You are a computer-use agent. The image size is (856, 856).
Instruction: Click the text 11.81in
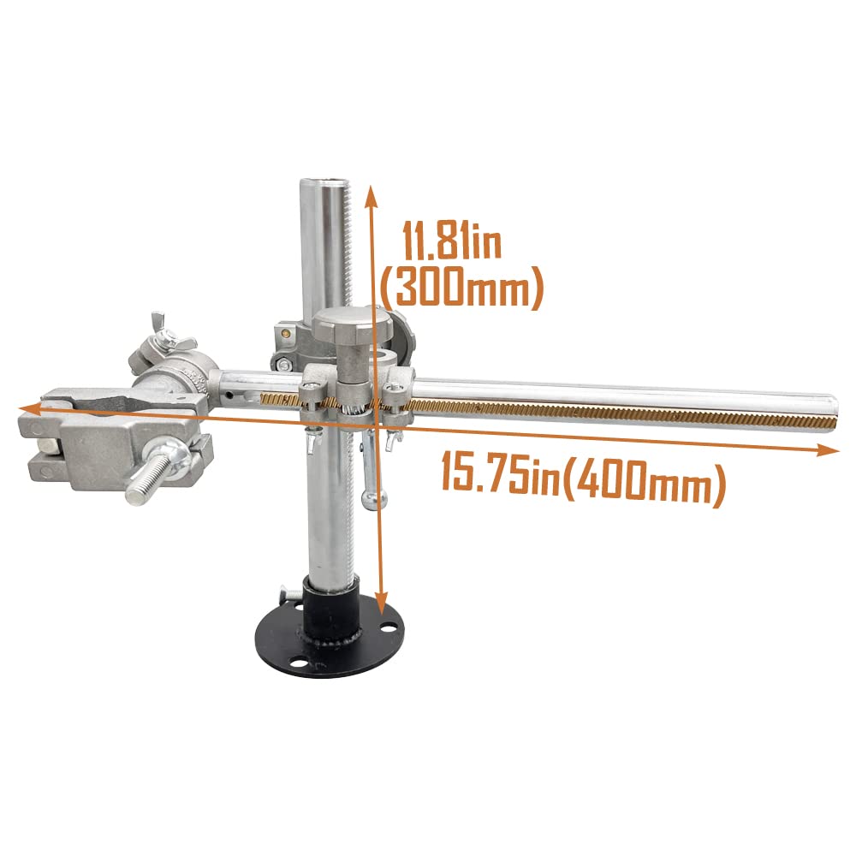(x=453, y=242)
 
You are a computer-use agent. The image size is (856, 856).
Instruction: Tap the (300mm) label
(x=462, y=288)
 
